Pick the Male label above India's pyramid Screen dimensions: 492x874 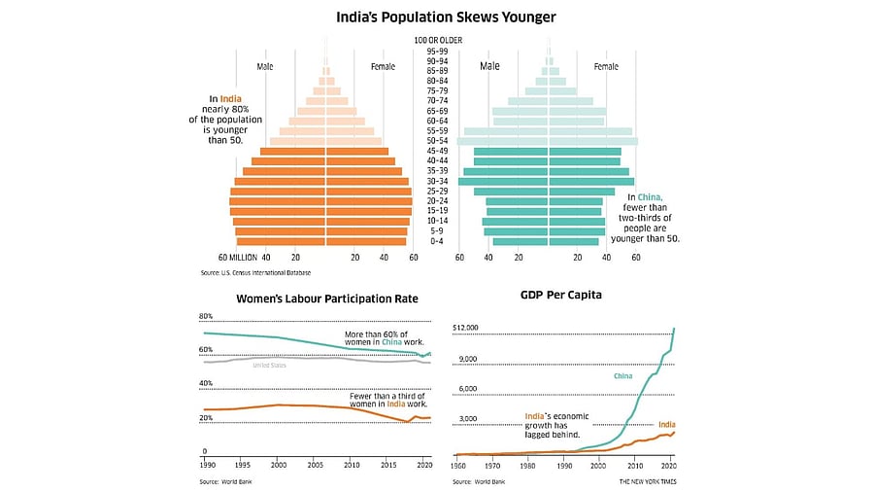pos(265,66)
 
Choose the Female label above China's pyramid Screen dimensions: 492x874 pos(605,66)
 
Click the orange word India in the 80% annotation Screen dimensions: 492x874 pos(231,98)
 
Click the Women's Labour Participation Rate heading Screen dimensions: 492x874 pos(327,299)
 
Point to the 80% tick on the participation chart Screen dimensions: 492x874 pos(206,317)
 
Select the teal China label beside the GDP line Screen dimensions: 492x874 pos(624,375)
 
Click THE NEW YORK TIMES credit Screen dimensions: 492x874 pos(648,481)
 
